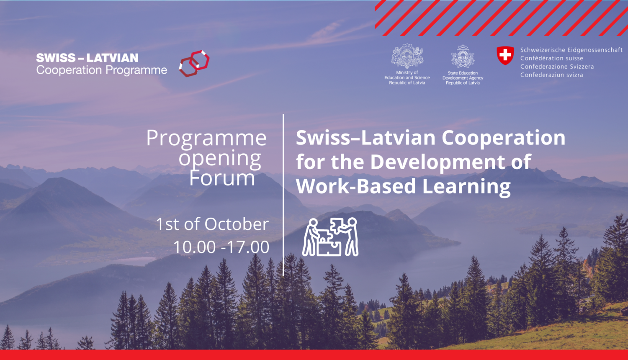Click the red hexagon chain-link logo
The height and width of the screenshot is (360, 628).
[194, 63]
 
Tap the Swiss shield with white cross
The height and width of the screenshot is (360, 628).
[505, 55]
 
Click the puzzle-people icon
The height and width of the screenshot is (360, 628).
[330, 237]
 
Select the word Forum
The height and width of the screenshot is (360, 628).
[222, 178]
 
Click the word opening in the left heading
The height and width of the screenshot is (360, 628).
[220, 159]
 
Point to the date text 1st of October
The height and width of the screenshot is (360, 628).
[212, 224]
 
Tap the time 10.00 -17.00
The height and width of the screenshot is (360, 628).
[221, 247]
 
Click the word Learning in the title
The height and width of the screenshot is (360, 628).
[466, 186]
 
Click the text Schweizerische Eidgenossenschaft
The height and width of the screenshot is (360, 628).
[571, 50]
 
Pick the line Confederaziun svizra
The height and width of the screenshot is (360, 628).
[551, 75]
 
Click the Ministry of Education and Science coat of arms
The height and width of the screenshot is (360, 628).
[407, 56]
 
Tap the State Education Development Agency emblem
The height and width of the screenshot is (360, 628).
[463, 57]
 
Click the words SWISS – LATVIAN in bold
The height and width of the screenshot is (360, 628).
[87, 58]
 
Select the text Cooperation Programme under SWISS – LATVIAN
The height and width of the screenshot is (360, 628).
[101, 70]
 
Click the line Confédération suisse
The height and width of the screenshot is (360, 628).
[551, 58]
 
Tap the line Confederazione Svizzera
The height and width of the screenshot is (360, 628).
[557, 67]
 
